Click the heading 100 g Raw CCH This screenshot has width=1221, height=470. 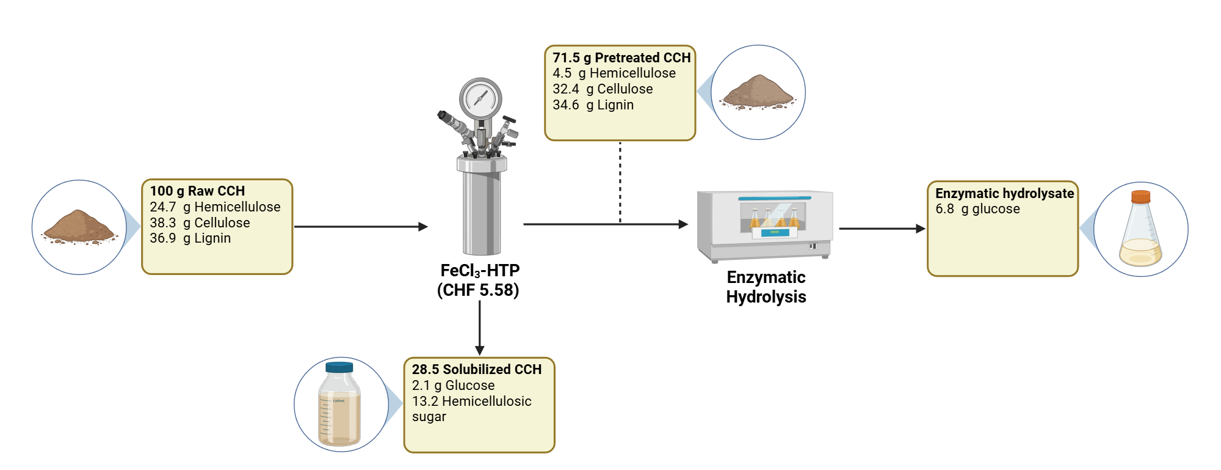tap(197, 191)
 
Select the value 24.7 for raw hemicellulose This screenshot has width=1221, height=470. tap(162, 207)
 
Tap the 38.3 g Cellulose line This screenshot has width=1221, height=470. tap(200, 223)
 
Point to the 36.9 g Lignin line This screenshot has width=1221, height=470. tap(190, 238)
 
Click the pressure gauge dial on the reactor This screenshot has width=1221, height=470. tap(480, 98)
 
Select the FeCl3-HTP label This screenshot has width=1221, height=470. tap(480, 271)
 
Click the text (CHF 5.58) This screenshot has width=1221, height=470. tap(478, 290)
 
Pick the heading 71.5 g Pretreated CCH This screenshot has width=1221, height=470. tap(621, 58)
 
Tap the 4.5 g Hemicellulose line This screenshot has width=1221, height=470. tap(614, 73)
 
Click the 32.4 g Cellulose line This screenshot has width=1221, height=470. tap(603, 89)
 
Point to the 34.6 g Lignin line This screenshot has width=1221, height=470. tap(593, 105)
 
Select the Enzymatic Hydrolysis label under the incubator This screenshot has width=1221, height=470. tap(766, 287)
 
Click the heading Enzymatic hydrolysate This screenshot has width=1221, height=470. tap(1004, 194)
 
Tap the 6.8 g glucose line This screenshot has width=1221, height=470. tap(977, 209)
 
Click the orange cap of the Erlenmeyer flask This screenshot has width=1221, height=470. tap(1140, 197)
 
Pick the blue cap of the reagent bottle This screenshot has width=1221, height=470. tap(339, 367)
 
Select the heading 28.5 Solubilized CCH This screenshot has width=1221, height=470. tap(476, 370)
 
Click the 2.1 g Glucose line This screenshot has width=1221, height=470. tap(453, 386)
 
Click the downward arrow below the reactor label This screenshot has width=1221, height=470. tap(480, 328)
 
